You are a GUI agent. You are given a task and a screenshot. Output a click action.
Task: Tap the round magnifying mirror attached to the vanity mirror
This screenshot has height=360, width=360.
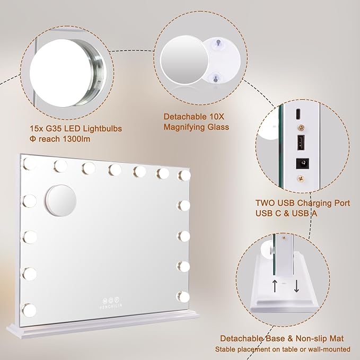tap(60, 200)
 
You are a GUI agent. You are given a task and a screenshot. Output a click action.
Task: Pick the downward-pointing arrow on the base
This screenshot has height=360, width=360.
tap(296, 287)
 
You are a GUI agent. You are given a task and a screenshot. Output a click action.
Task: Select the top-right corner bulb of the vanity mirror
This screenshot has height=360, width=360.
tap(184, 174)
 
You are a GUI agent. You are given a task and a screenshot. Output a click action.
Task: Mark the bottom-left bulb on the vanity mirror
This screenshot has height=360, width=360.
tap(29, 308)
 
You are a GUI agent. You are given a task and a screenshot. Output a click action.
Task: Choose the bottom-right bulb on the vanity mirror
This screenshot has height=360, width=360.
tap(184, 295)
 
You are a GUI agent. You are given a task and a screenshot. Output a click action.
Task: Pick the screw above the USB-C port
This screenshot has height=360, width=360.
tap(301, 128)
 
